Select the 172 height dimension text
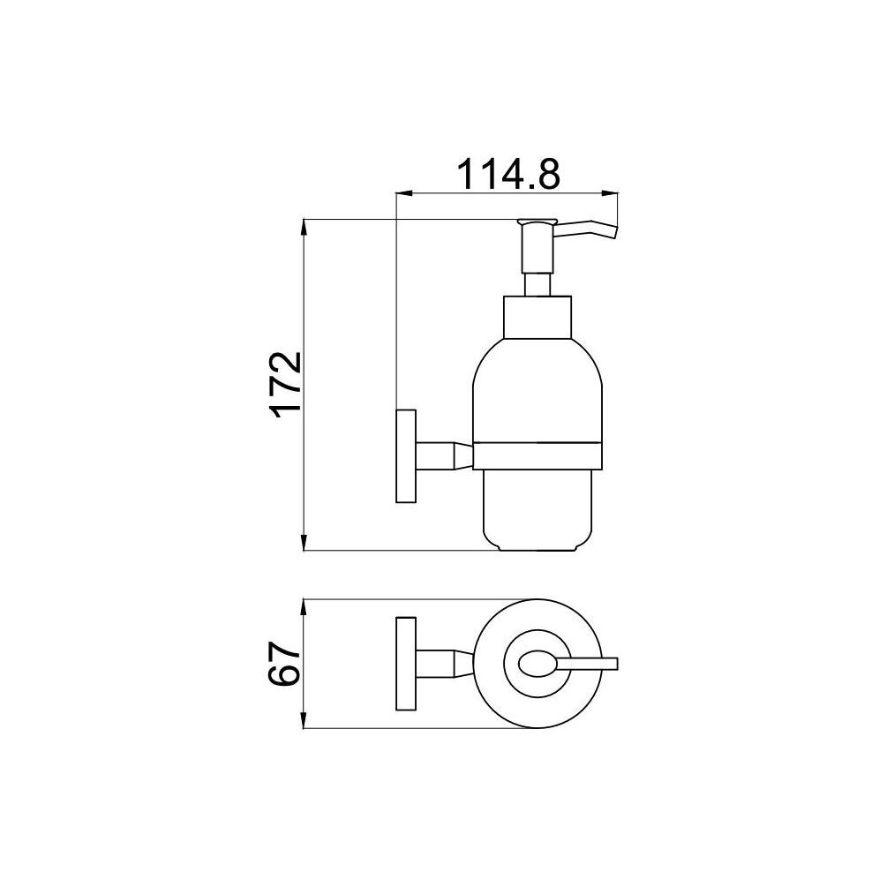click(287, 385)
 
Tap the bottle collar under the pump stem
click(537, 318)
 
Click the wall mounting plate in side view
click(406, 455)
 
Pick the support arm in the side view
click(444, 455)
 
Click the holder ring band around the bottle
click(537, 455)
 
